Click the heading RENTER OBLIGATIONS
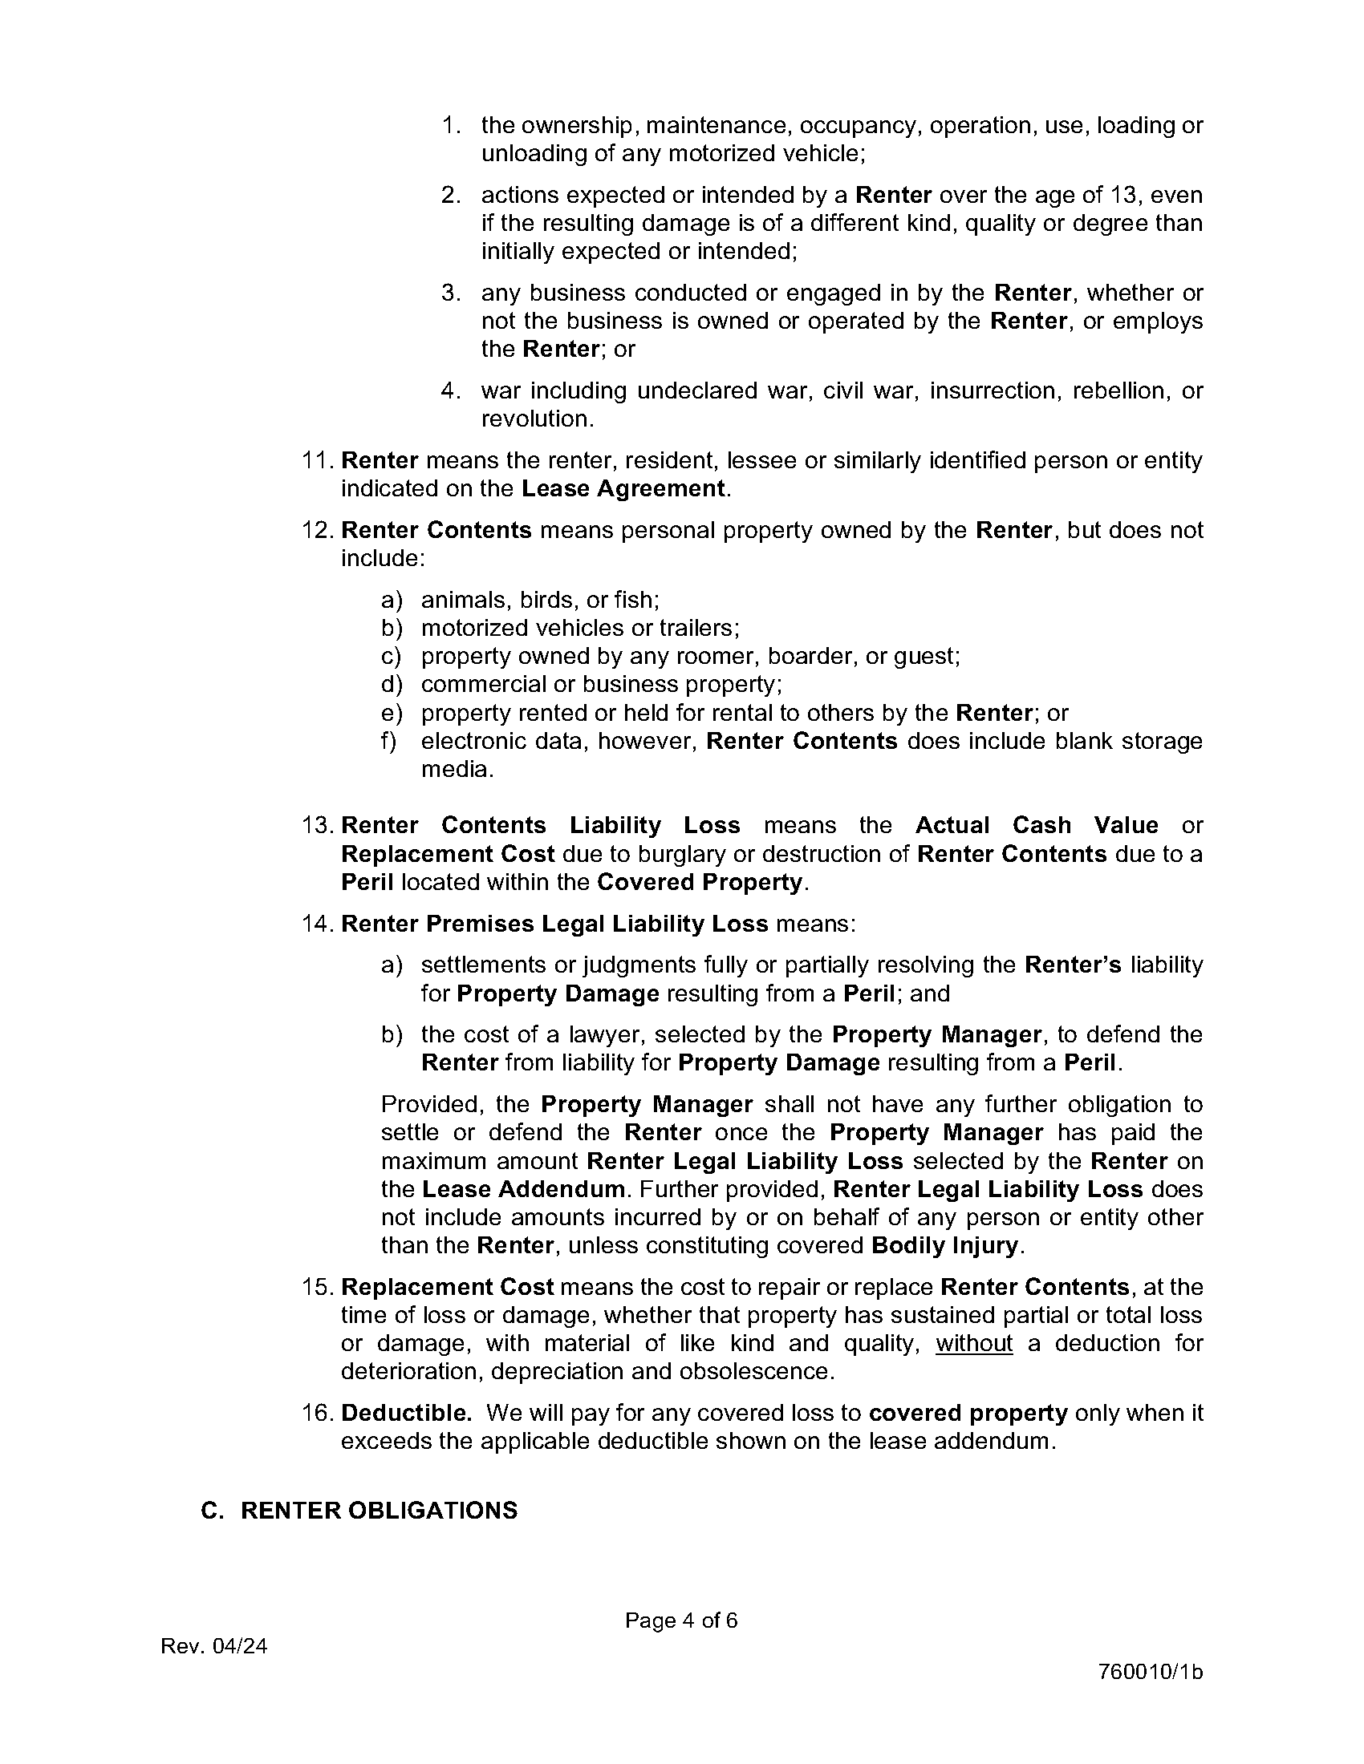[x=379, y=1511]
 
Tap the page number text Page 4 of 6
[x=680, y=1620]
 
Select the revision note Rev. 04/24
[x=214, y=1646]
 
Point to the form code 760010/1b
[x=1150, y=1672]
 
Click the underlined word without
[x=974, y=1343]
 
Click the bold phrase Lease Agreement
[x=623, y=488]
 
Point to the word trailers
[x=699, y=628]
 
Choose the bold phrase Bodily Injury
[x=944, y=1244]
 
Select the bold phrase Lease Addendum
[x=523, y=1189]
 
